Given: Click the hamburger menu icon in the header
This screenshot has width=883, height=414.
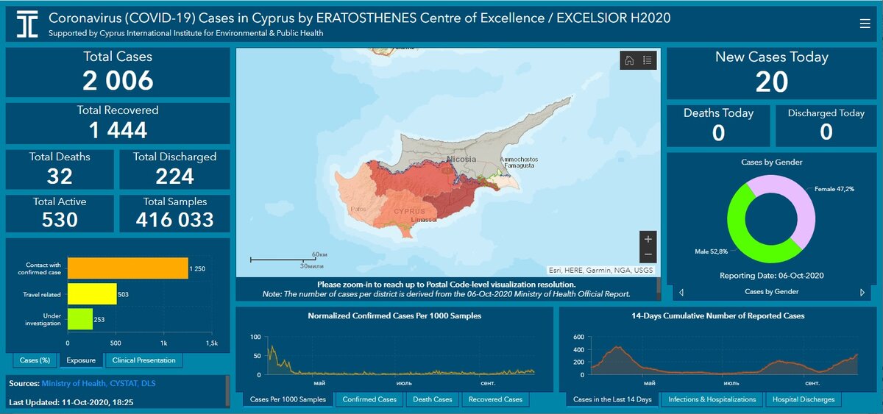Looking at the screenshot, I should [865, 24].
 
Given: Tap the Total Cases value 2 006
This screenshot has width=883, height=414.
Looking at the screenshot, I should [118, 80].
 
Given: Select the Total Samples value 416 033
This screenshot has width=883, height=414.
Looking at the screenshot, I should [175, 219].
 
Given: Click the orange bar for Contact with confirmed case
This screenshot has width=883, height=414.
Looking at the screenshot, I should [127, 268].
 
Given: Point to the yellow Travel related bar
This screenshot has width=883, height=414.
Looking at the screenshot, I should [92, 294].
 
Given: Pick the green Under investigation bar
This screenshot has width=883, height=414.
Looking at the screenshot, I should [80, 319].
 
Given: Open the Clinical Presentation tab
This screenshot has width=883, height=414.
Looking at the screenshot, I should [143, 360].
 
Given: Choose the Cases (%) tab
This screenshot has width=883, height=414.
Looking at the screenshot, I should [35, 360].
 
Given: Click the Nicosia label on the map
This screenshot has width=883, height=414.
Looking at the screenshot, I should [461, 159].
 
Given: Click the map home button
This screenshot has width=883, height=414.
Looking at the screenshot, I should [629, 60].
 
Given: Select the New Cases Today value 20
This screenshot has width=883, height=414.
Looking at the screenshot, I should [772, 82].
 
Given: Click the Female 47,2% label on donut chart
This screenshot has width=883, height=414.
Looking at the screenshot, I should [834, 190].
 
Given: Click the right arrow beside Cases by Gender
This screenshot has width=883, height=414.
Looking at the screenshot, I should [862, 292].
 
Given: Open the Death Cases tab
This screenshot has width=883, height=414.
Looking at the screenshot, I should [433, 399].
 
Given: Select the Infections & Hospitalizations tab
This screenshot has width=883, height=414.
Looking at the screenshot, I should [712, 399].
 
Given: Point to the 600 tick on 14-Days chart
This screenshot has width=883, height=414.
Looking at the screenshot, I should [578, 337].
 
